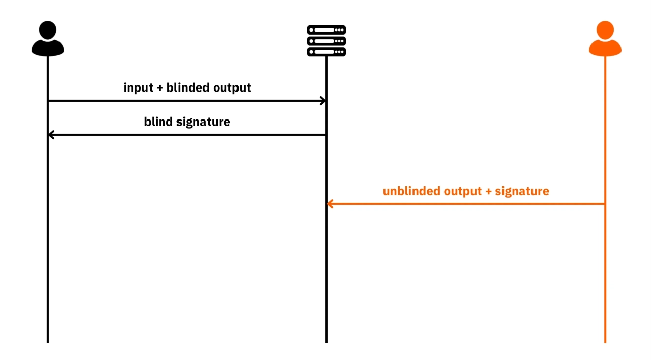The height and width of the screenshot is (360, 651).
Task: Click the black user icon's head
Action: (x=48, y=29)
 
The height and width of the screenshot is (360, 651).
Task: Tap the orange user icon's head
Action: (x=605, y=29)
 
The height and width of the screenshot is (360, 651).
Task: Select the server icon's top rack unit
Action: (x=327, y=30)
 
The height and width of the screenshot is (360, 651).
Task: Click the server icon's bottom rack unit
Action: (x=327, y=52)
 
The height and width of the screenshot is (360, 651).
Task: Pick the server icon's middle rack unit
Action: (x=327, y=41)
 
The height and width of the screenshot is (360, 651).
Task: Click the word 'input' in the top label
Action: (x=138, y=88)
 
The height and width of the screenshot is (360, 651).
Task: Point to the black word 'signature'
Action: (x=203, y=122)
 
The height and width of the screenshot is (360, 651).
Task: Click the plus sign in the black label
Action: (x=160, y=88)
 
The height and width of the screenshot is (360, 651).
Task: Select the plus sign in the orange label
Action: (x=489, y=192)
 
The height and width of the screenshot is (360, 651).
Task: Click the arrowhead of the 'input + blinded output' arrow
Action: (x=323, y=101)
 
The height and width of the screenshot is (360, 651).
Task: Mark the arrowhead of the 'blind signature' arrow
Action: (x=51, y=135)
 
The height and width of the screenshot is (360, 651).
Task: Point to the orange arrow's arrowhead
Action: (x=330, y=204)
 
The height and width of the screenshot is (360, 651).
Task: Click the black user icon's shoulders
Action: (x=48, y=48)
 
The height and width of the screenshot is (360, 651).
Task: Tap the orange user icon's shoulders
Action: (x=605, y=48)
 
